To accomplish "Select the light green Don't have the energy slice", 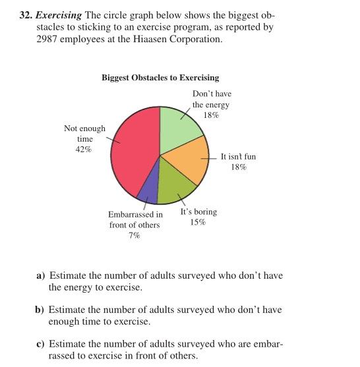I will pos(180,125).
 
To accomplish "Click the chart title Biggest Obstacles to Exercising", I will pos(160,78).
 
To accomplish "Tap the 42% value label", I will pos(84,150).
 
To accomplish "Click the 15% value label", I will pos(198,222).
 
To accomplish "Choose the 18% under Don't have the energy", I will pos(211,115).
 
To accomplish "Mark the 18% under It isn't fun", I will pos(238,167).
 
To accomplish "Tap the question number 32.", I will pos(25,15).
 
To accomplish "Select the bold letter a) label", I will pos(40,275).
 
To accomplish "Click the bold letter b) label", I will pos(40,310).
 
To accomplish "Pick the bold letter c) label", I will pos(40,344).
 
